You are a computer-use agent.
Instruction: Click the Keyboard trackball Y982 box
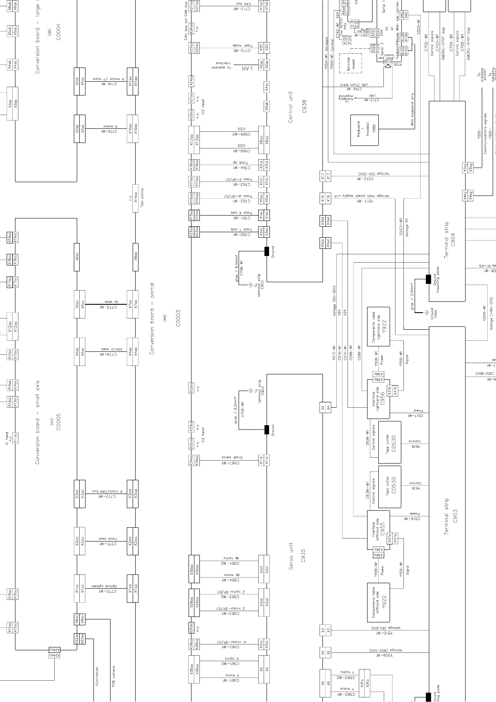click(365, 130)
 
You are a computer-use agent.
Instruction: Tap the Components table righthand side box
click(378, 326)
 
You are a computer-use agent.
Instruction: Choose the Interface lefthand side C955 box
click(378, 530)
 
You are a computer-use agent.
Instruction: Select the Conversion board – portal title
click(152, 319)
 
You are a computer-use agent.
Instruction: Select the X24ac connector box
click(54, 652)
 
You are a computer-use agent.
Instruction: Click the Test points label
click(142, 198)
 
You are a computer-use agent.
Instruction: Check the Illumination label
click(97, 677)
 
